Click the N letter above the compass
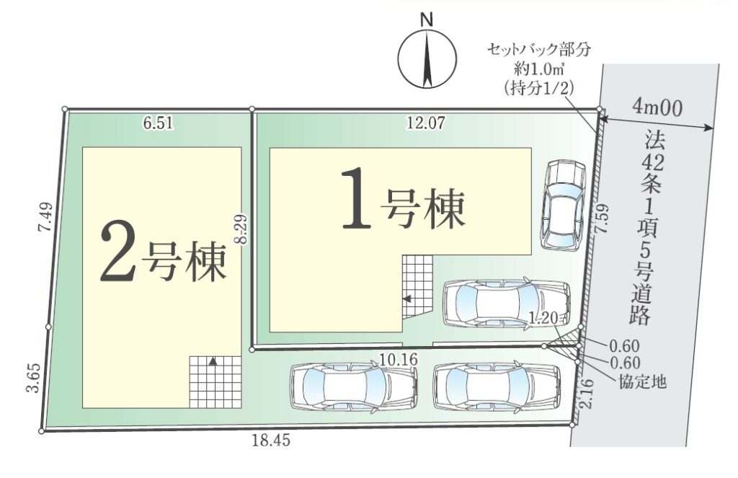coord(427,19)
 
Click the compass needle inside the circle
coord(427,58)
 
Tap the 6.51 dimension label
coord(158,123)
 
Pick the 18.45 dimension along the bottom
coord(271,441)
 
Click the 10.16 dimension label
coord(399,359)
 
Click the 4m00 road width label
coord(657,108)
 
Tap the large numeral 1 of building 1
coord(356,200)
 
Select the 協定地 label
coord(642,381)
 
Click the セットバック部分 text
coord(538,50)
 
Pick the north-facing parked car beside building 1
coord(564,204)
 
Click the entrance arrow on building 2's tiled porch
coord(213,362)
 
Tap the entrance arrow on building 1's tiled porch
coord(406,298)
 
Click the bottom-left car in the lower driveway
coord(355,388)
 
